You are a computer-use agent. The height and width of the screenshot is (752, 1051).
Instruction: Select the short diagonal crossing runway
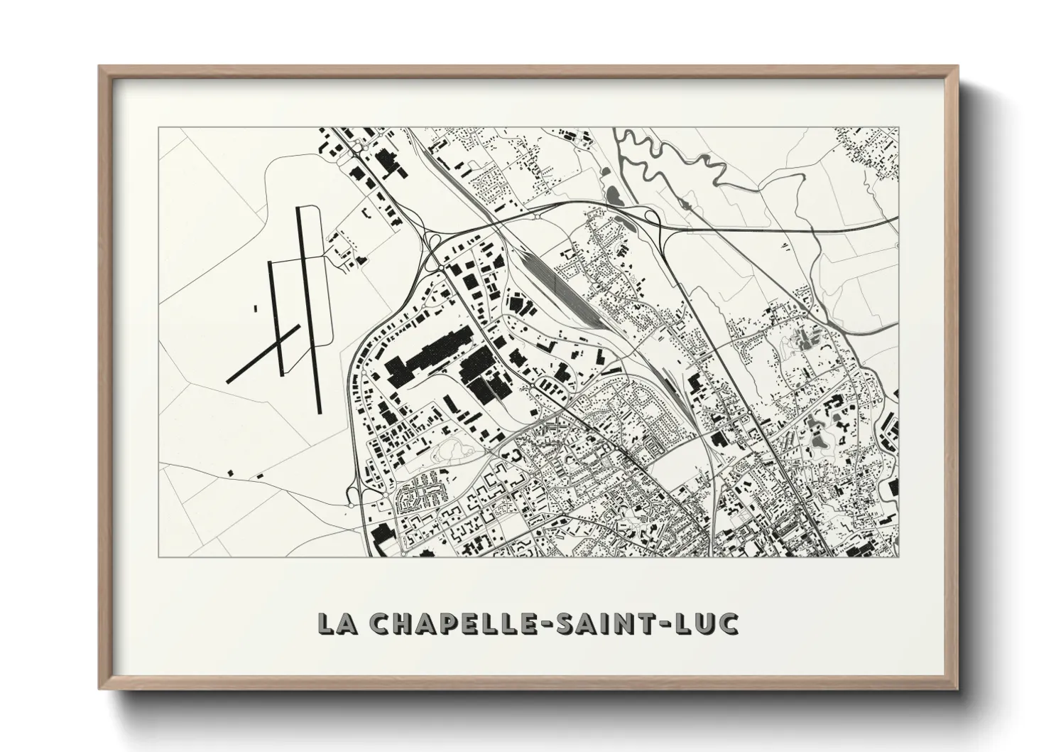coord(263,353)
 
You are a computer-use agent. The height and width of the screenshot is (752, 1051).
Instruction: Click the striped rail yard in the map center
coord(561,284)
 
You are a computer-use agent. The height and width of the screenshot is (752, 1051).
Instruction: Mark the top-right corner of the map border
coord(899,128)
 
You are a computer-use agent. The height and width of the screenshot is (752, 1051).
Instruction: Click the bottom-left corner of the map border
coord(158,557)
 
